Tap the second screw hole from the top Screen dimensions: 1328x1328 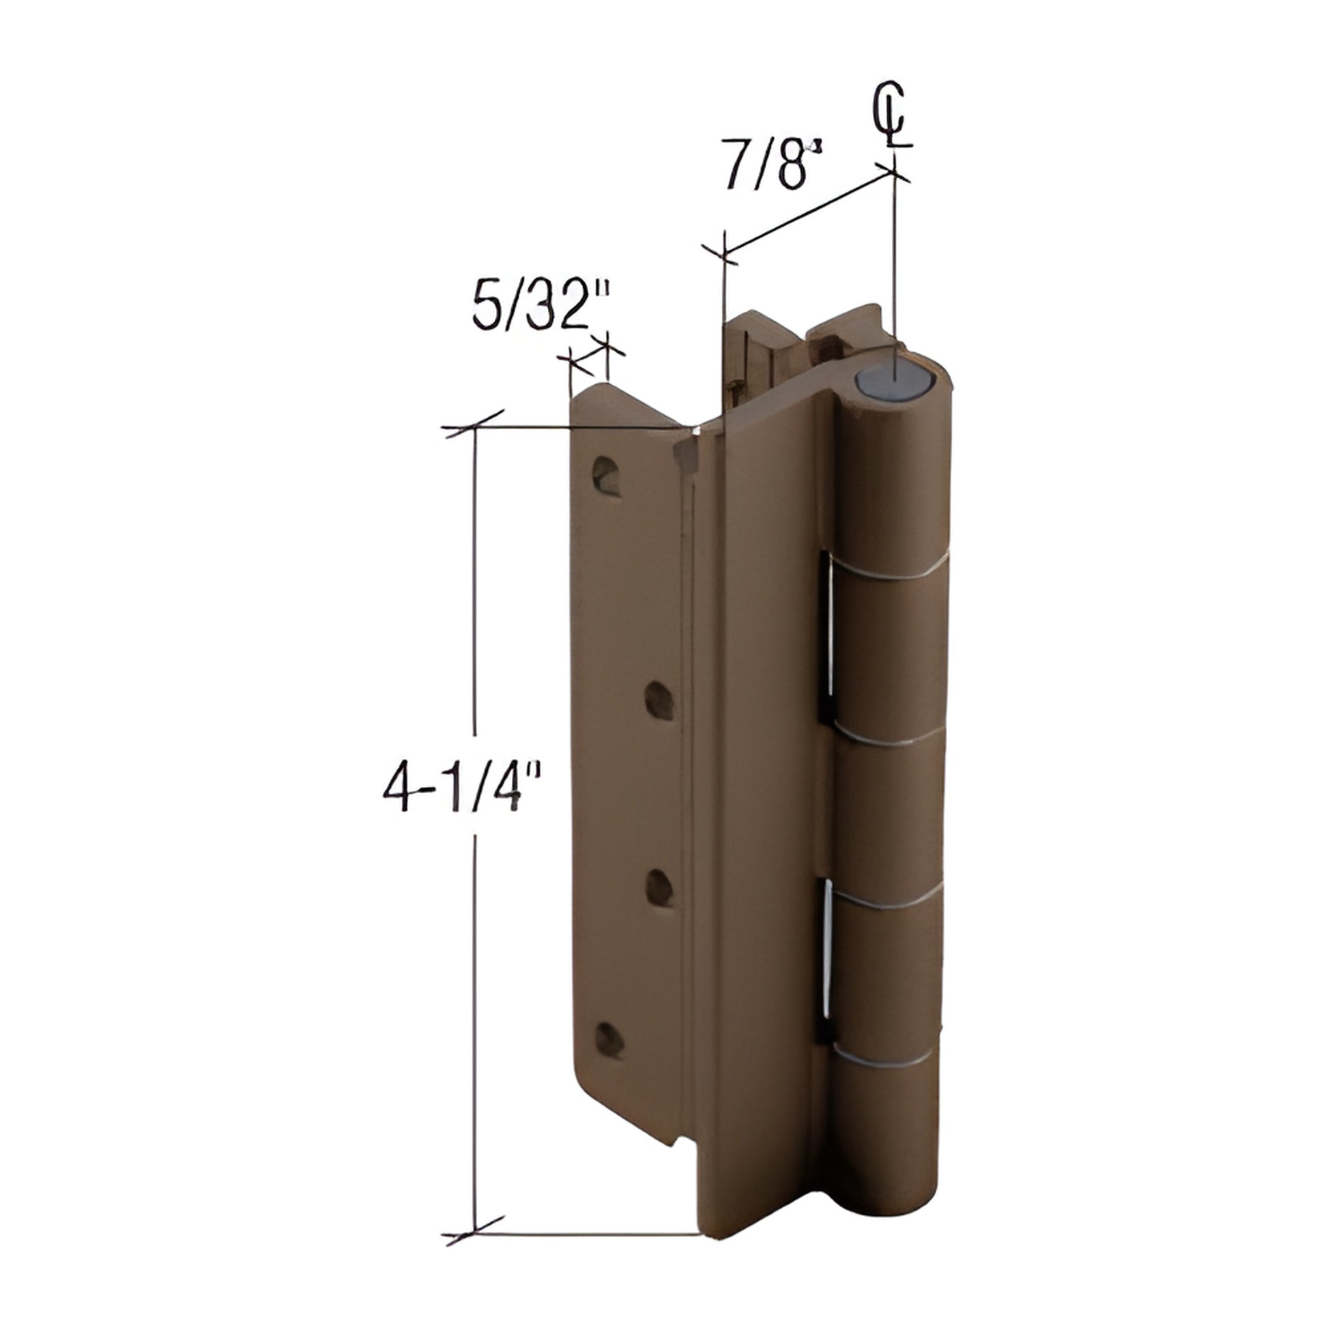coord(659,701)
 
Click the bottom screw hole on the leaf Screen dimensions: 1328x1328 coord(609,1058)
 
